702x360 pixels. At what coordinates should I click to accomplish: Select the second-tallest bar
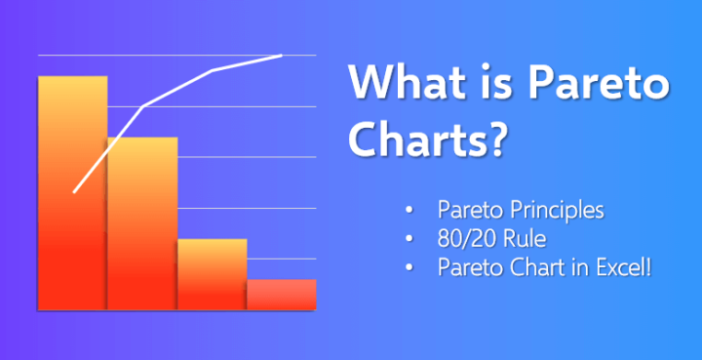pyautogui.click(x=142, y=224)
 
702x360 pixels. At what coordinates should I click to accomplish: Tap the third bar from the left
pyautogui.click(x=212, y=275)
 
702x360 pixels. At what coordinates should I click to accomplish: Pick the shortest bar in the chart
pyautogui.click(x=282, y=295)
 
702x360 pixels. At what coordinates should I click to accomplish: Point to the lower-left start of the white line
pyautogui.click(x=74, y=192)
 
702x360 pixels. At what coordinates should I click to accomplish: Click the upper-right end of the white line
pyautogui.click(x=282, y=55)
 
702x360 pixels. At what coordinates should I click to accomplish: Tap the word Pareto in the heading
pyautogui.click(x=600, y=85)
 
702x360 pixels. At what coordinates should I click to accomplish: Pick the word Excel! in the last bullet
pyautogui.click(x=621, y=265)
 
